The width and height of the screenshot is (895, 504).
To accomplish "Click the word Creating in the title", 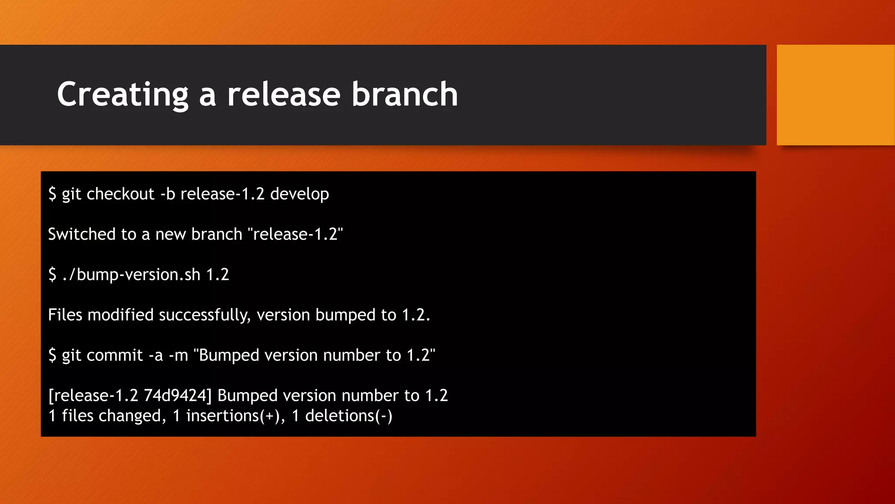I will point(123,94).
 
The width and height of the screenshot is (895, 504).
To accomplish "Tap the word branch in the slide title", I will point(405,94).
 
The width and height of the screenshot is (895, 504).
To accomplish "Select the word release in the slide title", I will point(284,94).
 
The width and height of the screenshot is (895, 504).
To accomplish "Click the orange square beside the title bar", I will point(835,95).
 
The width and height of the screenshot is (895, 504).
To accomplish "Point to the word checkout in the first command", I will point(121,194).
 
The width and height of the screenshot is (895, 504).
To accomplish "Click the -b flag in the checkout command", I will point(168,194).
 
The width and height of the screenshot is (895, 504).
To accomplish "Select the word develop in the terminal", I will point(299,194).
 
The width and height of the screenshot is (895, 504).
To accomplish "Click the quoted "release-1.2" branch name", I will point(295,234).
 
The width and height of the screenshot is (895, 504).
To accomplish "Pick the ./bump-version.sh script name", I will point(131,275).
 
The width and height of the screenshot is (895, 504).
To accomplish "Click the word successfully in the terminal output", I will point(205,315).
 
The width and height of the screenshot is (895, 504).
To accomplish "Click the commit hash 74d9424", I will point(177,395).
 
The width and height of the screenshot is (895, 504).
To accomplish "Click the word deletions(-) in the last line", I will point(349,416).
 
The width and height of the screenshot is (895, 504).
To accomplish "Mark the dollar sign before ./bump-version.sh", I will point(52,275).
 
